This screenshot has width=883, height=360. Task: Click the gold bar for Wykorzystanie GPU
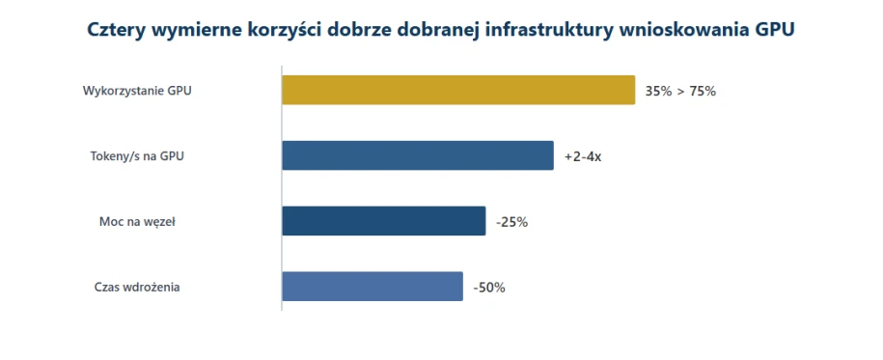(458, 90)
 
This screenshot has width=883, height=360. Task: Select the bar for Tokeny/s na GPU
(418, 155)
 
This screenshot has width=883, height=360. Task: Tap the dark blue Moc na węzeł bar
(383, 221)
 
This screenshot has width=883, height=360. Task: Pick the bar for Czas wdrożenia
(373, 287)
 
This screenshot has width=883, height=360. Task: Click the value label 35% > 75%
(680, 92)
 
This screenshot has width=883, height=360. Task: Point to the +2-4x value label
(583, 156)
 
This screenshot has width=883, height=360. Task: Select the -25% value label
(511, 222)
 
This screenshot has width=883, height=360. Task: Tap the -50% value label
(489, 288)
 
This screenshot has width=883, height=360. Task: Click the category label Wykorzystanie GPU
(137, 91)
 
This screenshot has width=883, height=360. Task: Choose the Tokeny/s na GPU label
(137, 156)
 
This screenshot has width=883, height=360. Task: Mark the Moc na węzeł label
(137, 222)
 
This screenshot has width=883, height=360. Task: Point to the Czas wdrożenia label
(137, 287)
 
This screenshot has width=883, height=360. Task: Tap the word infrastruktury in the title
(548, 30)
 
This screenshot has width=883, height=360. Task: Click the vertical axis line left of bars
(282, 188)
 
